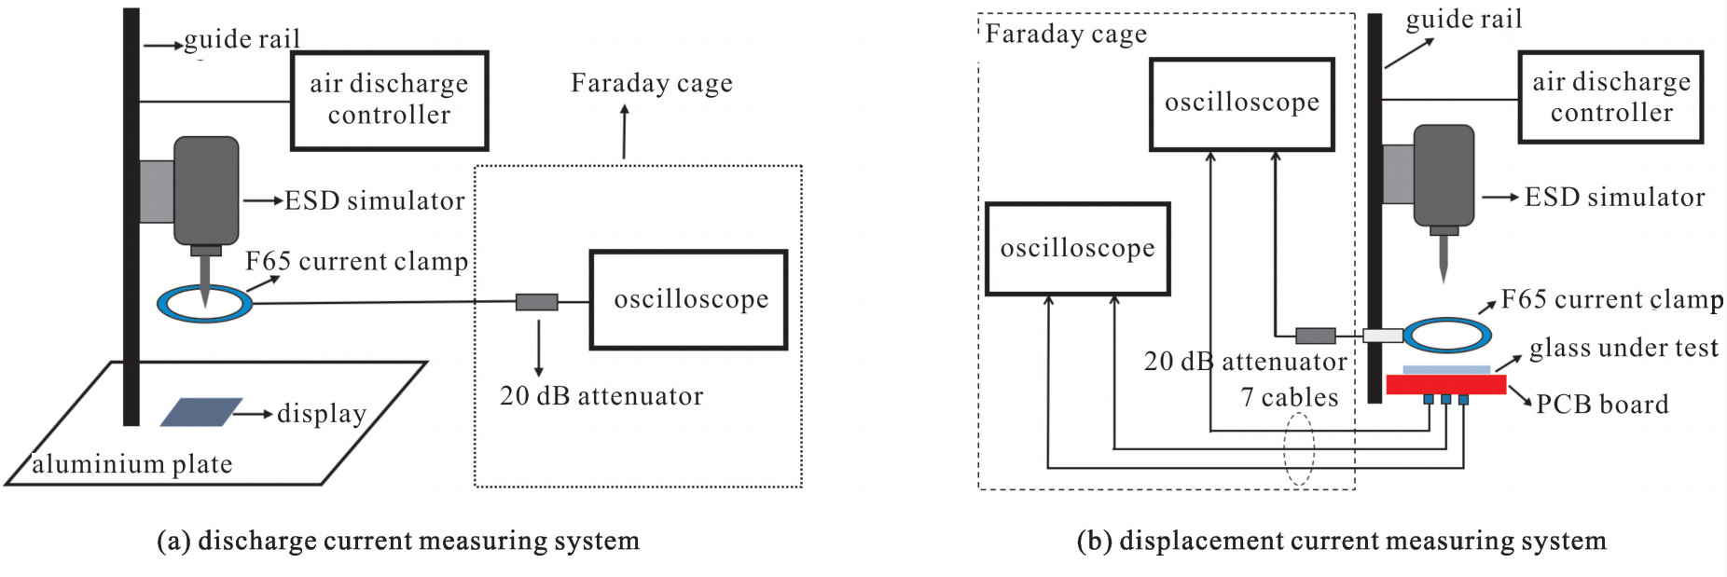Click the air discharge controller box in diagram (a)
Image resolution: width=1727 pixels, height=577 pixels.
pyautogui.click(x=389, y=101)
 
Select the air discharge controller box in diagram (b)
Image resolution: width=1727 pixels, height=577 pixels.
pyautogui.click(x=1610, y=97)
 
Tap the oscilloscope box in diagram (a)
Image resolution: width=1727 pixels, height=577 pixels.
pyautogui.click(x=688, y=299)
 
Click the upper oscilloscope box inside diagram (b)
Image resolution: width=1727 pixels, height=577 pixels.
pyautogui.click(x=1241, y=103)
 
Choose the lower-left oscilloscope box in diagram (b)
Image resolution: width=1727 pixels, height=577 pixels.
pyautogui.click(x=1077, y=249)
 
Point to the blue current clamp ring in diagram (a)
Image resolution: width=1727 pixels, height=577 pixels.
pyautogui.click(x=204, y=303)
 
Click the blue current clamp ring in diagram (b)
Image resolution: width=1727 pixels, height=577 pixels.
pyautogui.click(x=1446, y=335)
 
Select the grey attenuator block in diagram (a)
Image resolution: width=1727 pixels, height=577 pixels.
pyautogui.click(x=536, y=302)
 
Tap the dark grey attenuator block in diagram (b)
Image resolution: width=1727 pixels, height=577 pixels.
pyautogui.click(x=1315, y=336)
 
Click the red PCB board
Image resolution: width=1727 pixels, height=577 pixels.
pyautogui.click(x=1445, y=384)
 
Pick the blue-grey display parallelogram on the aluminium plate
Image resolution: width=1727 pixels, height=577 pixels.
pyautogui.click(x=200, y=412)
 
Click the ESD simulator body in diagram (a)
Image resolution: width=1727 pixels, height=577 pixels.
pyautogui.click(x=206, y=191)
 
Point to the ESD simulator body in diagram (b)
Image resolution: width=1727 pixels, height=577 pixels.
pyautogui.click(x=1444, y=176)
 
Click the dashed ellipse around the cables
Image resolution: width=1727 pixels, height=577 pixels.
pyautogui.click(x=1298, y=448)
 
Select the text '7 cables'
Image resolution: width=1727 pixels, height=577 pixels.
pyautogui.click(x=1289, y=398)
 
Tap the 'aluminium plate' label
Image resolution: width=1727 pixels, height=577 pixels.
pyautogui.click(x=132, y=464)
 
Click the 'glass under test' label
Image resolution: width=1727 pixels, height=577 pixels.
pyautogui.click(x=1623, y=348)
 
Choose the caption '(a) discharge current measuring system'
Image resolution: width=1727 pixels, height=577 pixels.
pyautogui.click(x=398, y=541)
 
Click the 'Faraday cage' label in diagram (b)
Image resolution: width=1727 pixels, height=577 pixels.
pyautogui.click(x=1066, y=34)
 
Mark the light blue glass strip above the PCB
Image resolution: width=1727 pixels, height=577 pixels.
pyautogui.click(x=1445, y=370)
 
